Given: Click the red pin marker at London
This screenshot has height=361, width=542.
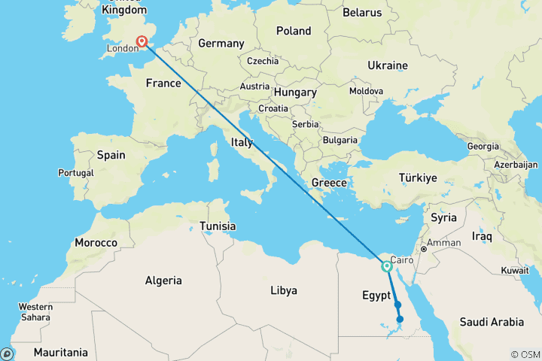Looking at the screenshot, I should click(142, 41).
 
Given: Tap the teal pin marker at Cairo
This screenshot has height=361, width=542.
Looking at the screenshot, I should click(387, 265).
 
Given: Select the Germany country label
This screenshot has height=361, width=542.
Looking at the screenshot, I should click(221, 44).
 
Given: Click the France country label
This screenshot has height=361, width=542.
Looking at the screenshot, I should click(163, 83).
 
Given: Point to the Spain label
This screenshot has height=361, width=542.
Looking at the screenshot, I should click(111, 155).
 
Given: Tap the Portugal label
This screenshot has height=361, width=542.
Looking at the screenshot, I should click(75, 173).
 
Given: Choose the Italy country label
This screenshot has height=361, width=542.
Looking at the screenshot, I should click(242, 142).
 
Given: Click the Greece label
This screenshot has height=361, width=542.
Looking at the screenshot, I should click(329, 183).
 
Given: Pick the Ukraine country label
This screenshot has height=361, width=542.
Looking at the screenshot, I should click(388, 66).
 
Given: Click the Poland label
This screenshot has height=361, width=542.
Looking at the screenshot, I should click(294, 31).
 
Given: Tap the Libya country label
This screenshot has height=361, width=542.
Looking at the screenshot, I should click(283, 290).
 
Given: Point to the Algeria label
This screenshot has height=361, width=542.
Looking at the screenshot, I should click(163, 281).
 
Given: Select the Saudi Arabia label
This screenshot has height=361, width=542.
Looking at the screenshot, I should click(492, 322).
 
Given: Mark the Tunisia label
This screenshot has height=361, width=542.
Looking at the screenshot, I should click(218, 226).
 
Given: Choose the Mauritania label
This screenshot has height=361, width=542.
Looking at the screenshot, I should click(60, 352).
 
